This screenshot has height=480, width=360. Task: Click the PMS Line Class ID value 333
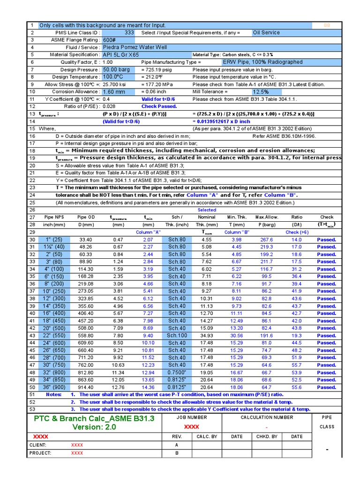pos(129,33)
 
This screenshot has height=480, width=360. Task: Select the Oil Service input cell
pos(266,33)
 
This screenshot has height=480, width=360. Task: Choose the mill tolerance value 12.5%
pos(261,92)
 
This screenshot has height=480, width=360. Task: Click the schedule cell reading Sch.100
pos(177,336)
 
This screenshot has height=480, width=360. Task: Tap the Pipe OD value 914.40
pos(86,388)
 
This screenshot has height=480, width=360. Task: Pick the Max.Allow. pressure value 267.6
pos(266,240)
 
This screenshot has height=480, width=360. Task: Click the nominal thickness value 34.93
pos(207,336)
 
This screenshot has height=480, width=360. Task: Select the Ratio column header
pos(297,217)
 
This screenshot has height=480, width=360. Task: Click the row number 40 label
pos(32,314)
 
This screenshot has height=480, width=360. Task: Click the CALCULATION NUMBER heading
pos(266,417)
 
